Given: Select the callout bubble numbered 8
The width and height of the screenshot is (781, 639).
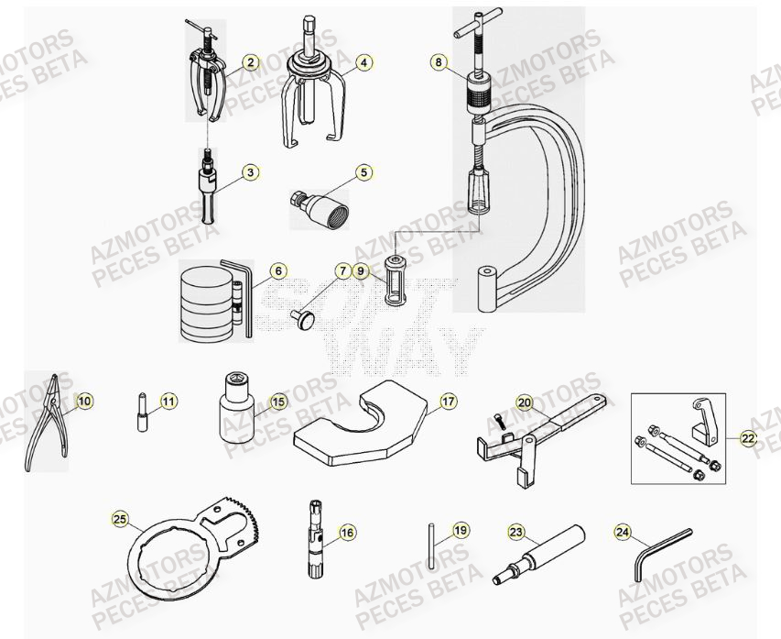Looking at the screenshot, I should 439,63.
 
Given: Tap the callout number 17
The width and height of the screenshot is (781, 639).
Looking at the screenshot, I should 448,401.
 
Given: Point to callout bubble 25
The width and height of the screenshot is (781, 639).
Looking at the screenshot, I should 120,519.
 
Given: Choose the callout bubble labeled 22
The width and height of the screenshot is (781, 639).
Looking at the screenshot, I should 748,438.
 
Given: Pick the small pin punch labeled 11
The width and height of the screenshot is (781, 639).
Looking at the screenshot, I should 143,412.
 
